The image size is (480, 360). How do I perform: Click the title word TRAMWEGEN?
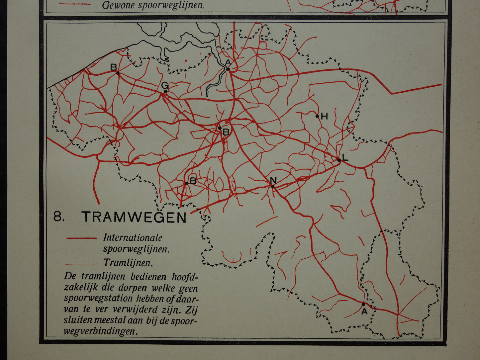134,217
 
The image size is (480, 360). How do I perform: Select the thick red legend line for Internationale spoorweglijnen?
82,238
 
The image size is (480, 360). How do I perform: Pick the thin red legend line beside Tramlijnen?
82,264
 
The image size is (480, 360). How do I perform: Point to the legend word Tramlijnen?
128,263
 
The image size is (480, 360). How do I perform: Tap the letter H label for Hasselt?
325,116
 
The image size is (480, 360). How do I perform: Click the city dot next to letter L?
339,160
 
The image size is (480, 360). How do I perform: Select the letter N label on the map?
273,180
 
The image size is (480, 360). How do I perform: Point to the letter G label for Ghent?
164,85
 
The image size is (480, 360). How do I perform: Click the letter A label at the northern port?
228,63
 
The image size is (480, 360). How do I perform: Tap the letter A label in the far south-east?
364,311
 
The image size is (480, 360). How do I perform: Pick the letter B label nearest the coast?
113,67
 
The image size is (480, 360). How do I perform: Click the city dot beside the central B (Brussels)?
220,128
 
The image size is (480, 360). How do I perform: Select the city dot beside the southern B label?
187,183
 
